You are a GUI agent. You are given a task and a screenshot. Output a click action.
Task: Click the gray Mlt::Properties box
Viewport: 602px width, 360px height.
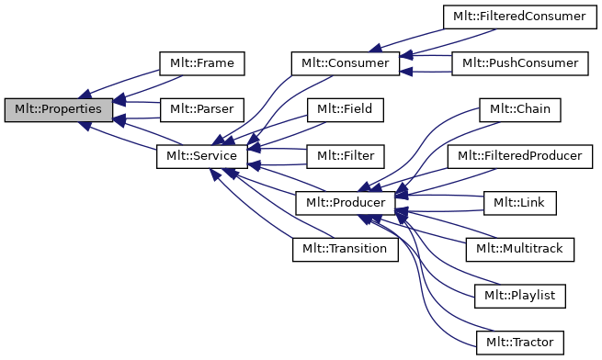pyautogui.click(x=59, y=109)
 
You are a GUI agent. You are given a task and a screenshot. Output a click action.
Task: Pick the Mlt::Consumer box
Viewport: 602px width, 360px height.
pyautogui.click(x=345, y=63)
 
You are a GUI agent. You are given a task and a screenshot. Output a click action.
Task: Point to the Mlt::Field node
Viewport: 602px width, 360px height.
pyautogui.click(x=345, y=109)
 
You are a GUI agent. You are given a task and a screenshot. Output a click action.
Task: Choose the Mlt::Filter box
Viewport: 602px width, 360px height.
pyautogui.click(x=345, y=156)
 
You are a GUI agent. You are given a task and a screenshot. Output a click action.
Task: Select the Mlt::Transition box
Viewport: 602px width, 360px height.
pyautogui.click(x=345, y=249)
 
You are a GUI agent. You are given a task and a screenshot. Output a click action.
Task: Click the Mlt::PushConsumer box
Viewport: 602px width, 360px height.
pyautogui.click(x=518, y=63)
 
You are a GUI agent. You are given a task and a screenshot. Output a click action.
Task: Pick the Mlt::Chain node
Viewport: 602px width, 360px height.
pyautogui.click(x=518, y=109)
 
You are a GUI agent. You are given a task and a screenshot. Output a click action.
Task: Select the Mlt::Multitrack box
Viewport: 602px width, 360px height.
pyautogui.click(x=518, y=249)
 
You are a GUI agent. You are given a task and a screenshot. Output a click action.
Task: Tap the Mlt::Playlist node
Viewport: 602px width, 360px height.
pyautogui.click(x=518, y=296)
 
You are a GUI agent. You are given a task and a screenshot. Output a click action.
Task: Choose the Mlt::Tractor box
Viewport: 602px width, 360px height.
pyautogui.click(x=518, y=343)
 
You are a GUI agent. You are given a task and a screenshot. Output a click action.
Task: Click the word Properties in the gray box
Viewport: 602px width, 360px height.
pyautogui.click(x=73, y=109)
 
